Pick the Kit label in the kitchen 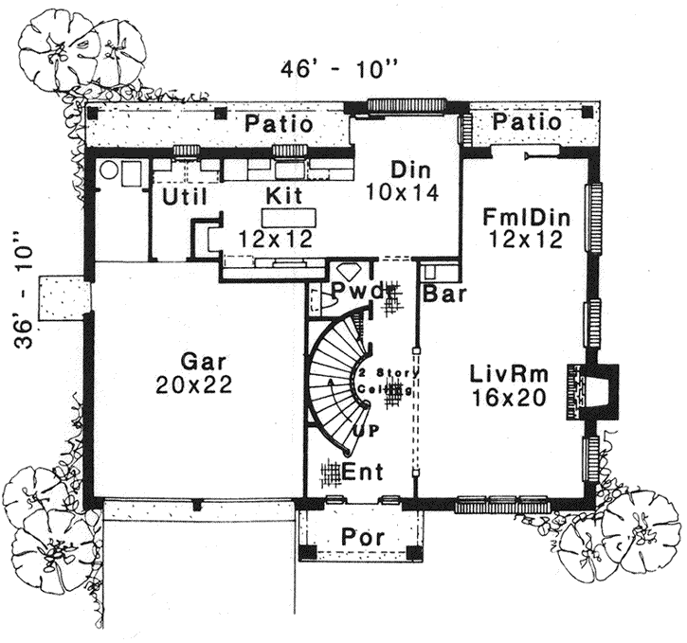[x=284, y=197]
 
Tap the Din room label [x=411, y=171]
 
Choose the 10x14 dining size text [x=411, y=193]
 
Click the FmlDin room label [x=525, y=218]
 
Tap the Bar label [x=443, y=295]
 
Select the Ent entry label [x=361, y=471]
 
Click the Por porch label [x=361, y=536]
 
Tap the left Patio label [x=280, y=124]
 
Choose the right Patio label [x=527, y=123]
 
